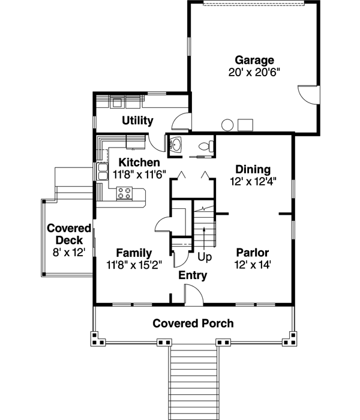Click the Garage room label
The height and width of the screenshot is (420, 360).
tap(254, 60)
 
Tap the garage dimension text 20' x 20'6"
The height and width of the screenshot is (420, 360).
tap(254, 71)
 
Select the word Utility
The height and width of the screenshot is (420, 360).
tap(137, 121)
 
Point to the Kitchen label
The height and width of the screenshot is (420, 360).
tap(139, 163)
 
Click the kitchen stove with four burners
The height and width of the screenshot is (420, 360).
tap(125, 193)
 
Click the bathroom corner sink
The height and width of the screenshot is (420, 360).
tap(176, 144)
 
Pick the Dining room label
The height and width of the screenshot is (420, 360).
tap(253, 169)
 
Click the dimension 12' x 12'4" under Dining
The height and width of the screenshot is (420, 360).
tap(253, 180)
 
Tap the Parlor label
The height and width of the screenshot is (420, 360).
tap(252, 252)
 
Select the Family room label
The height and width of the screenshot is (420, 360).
tap(134, 253)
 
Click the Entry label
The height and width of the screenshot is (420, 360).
tap(193, 275)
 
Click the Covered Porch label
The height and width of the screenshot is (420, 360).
tap(193, 323)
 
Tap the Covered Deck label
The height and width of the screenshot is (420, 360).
tap(69, 235)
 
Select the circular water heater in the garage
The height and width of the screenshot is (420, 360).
tap(227, 125)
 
